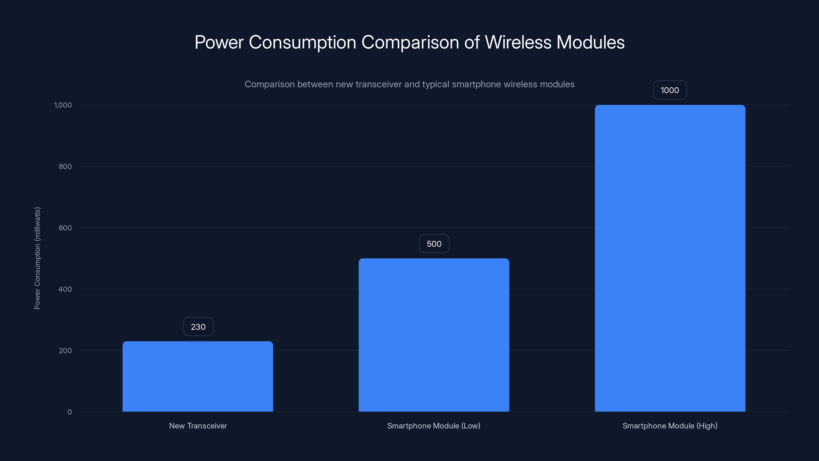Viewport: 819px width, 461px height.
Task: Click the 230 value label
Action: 198,327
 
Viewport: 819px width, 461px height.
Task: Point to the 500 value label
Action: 434,244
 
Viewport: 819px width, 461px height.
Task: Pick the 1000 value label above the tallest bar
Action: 670,90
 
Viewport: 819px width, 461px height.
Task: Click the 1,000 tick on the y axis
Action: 63,105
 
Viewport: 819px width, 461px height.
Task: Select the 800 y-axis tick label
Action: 65,166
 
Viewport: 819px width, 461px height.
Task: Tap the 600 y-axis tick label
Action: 65,228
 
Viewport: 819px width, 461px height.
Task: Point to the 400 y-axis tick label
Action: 65,289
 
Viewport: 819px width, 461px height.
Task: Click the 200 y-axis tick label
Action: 65,351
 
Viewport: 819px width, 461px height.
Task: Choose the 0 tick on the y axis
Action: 70,412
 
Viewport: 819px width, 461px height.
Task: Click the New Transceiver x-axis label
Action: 198,426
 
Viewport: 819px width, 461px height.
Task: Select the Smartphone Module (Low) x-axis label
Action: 434,426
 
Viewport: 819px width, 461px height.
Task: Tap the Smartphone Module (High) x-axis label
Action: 670,426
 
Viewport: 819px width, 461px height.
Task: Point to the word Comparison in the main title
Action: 410,43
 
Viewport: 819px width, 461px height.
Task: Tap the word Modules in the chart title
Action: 590,42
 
